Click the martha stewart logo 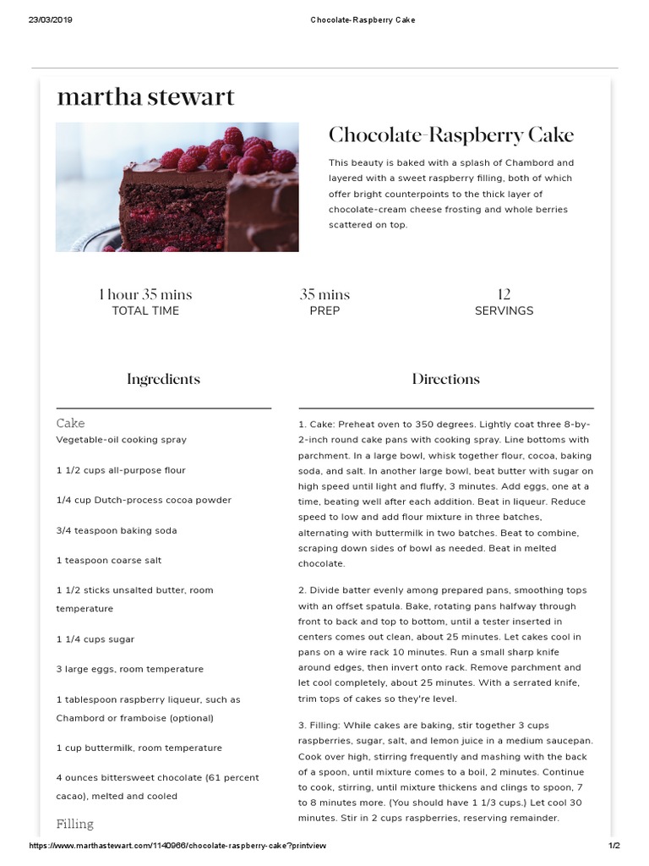[x=145, y=97]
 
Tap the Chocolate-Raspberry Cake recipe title [x=450, y=135]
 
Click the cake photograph [x=177, y=187]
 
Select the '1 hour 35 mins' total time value [x=145, y=294]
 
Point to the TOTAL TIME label [x=145, y=311]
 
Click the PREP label [x=324, y=311]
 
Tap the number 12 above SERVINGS [x=504, y=294]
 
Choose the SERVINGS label [x=504, y=311]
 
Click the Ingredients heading [x=163, y=379]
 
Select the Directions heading [x=445, y=379]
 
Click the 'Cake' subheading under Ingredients [x=70, y=423]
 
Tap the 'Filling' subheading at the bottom [x=74, y=824]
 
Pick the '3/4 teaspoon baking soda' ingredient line [x=117, y=530]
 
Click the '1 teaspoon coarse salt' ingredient [x=109, y=560]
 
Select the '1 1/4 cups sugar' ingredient [x=95, y=639]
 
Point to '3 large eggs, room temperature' [x=130, y=669]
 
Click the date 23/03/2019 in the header [x=51, y=19]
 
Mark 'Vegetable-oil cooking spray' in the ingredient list [x=122, y=440]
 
